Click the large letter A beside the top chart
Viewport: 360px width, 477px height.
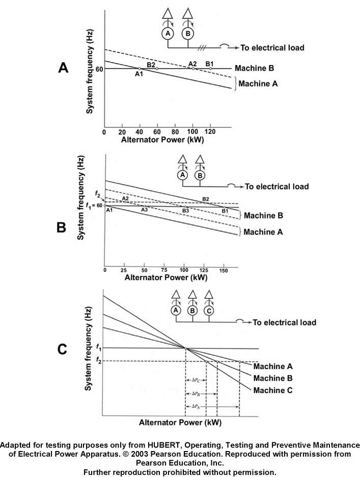[x=63, y=68]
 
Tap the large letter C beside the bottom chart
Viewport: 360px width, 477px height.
[x=62, y=349]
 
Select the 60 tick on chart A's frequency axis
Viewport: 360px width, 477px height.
[x=99, y=68]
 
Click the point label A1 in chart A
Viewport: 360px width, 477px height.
[x=139, y=74]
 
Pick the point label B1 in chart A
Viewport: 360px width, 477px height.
[x=209, y=63]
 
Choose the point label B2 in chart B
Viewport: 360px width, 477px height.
[x=206, y=199]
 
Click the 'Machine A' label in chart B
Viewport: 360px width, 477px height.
[x=263, y=232]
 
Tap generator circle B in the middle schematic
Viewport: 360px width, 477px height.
[x=200, y=175]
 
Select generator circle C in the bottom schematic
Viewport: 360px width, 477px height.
[x=209, y=310]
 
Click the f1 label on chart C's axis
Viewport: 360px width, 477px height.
[x=99, y=348]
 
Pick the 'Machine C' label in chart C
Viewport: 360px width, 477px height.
[x=273, y=390]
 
